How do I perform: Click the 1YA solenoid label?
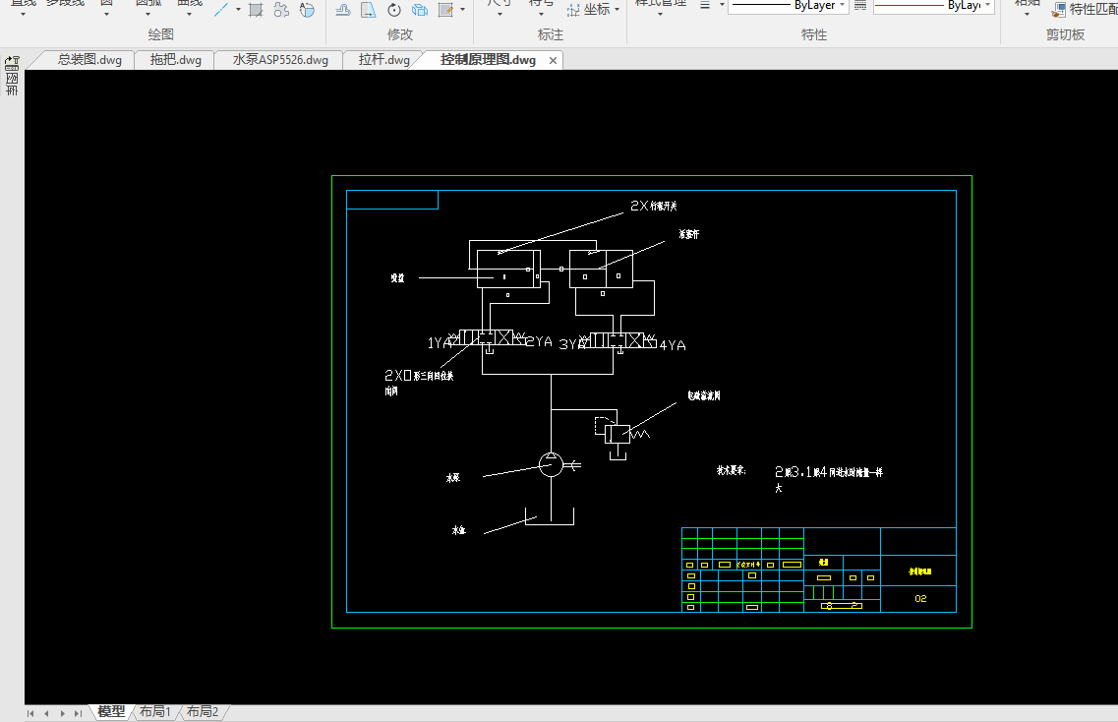coord(440,343)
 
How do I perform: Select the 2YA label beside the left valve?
coord(539,341)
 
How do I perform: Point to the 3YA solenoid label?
coord(572,344)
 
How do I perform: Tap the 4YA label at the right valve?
coord(673,345)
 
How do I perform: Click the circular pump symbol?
coord(552,465)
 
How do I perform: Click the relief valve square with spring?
coord(618,433)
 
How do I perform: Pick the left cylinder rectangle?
coord(508,269)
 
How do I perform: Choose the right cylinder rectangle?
coord(601,269)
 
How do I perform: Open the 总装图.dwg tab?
coord(88,60)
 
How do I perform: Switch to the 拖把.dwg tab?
coord(175,60)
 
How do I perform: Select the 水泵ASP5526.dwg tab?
coord(280,60)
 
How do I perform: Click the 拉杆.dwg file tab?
coord(383,60)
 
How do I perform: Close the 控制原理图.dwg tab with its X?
coord(553,61)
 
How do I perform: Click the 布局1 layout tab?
coord(155,711)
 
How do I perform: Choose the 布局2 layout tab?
coord(203,711)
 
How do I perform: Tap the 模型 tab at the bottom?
coord(111,711)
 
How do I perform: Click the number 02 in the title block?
coord(920,598)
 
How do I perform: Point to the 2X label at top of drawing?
coord(639,207)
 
